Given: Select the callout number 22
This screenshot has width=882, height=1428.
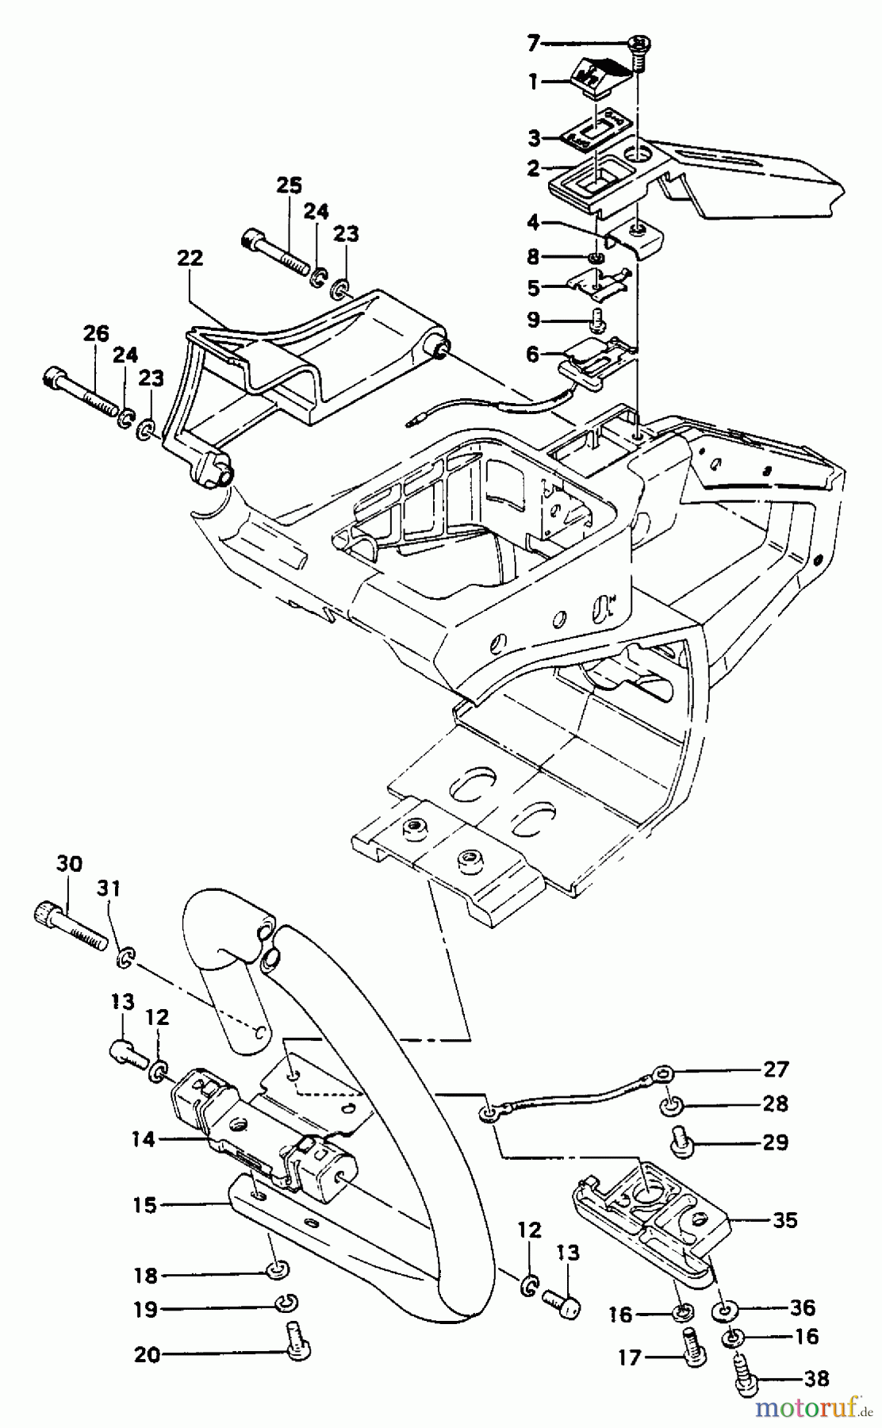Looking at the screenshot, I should [x=190, y=259].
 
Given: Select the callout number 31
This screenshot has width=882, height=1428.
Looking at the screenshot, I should [x=109, y=889].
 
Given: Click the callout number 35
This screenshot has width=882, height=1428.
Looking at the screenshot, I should [x=785, y=1220].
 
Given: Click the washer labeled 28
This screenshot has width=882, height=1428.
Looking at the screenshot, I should [x=671, y=1105].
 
